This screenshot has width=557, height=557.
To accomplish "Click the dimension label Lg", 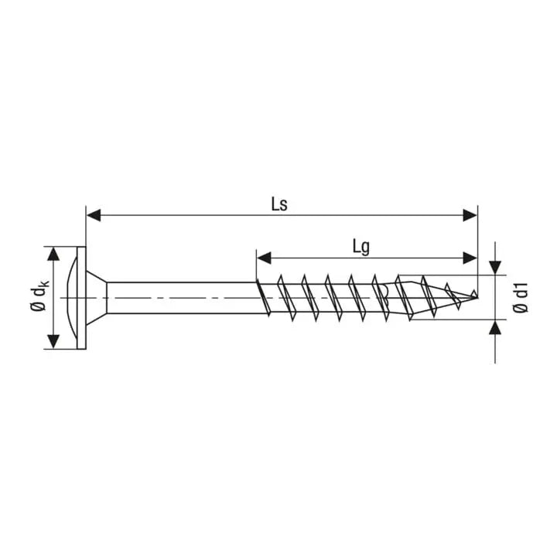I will [361, 247].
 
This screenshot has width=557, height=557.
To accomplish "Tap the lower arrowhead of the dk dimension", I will [53, 341].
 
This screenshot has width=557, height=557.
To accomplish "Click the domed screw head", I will [71, 298].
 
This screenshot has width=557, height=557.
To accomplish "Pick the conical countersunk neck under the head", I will [96, 298].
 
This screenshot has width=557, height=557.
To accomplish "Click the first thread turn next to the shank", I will [264, 298].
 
